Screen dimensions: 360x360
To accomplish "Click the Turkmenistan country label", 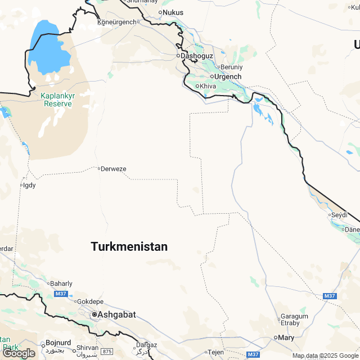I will click(x=129, y=246).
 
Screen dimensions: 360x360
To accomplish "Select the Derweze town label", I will click(x=113, y=169).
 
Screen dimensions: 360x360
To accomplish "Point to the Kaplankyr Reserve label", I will click(x=57, y=100).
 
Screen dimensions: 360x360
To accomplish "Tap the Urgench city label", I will click(x=228, y=76).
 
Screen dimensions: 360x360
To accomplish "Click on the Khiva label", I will click(x=208, y=86).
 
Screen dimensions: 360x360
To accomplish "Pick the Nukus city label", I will click(x=173, y=12).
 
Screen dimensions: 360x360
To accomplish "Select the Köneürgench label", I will click(x=117, y=22).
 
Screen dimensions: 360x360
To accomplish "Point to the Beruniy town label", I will click(x=231, y=67).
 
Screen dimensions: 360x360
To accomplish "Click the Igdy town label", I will click(x=29, y=184).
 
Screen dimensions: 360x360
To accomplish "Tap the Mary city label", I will click(x=286, y=337).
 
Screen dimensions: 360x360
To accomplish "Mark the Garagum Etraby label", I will click(x=294, y=319).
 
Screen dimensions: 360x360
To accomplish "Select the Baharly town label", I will click(x=61, y=283).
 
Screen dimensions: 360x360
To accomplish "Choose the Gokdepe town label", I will click(x=89, y=301).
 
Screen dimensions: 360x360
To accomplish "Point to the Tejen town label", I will click(x=216, y=352).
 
